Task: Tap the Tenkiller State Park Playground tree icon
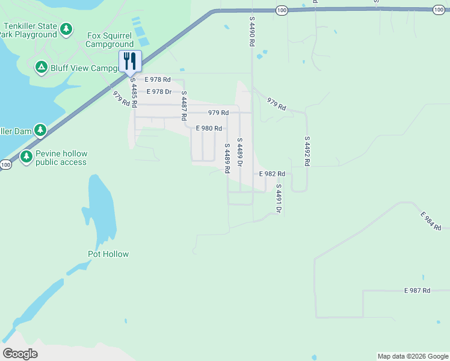[x=66, y=28]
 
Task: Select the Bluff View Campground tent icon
[x=41, y=67]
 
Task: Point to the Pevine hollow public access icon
[x=26, y=157]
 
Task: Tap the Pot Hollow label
[x=108, y=254]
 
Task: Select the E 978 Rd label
[x=157, y=79]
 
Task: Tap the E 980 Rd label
[x=209, y=128]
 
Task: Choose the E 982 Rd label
[x=272, y=173]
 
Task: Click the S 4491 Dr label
[x=279, y=199]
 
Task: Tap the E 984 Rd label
[x=431, y=221]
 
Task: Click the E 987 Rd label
[x=417, y=291]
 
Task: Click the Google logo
[x=20, y=354]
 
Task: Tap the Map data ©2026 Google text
[x=412, y=356]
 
